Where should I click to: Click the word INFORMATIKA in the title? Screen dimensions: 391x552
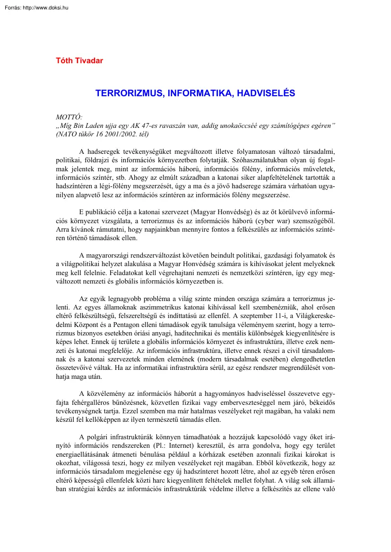point(196,93)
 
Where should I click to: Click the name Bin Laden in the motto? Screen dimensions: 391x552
point(92,125)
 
